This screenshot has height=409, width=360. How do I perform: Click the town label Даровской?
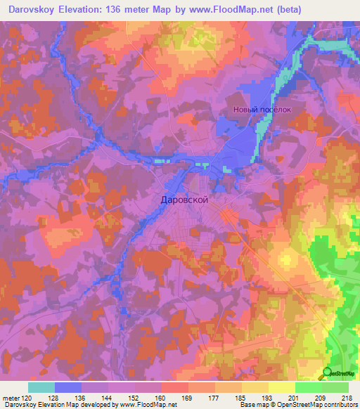point(181,200)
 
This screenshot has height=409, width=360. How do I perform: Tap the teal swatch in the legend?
point(41,387)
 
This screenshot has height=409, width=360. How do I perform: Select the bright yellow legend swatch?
point(281,387)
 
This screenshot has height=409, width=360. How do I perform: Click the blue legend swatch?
point(68,387)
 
